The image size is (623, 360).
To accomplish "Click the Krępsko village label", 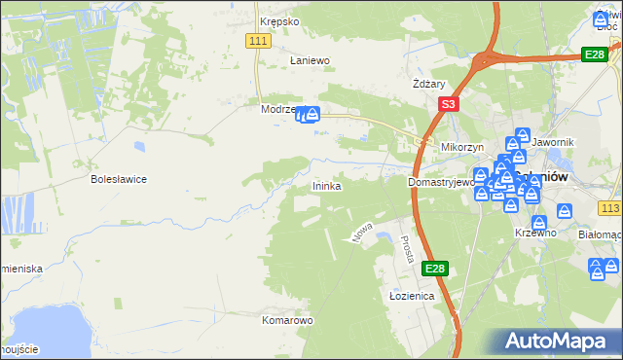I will [x=276, y=21].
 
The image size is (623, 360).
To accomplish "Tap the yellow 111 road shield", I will [x=258, y=40].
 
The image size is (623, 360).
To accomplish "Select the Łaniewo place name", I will [x=311, y=60].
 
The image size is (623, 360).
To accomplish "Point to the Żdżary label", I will [x=429, y=84].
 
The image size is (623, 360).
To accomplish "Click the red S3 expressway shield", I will [x=447, y=104].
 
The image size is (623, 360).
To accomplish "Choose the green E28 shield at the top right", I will [x=595, y=54].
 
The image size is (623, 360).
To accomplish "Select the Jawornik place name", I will [x=556, y=143].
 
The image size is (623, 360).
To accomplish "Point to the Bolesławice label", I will [x=119, y=179].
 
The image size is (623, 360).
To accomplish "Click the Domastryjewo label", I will [x=441, y=182].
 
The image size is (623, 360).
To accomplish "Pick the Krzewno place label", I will [x=535, y=233].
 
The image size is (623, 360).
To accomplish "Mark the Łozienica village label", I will [x=411, y=296].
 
